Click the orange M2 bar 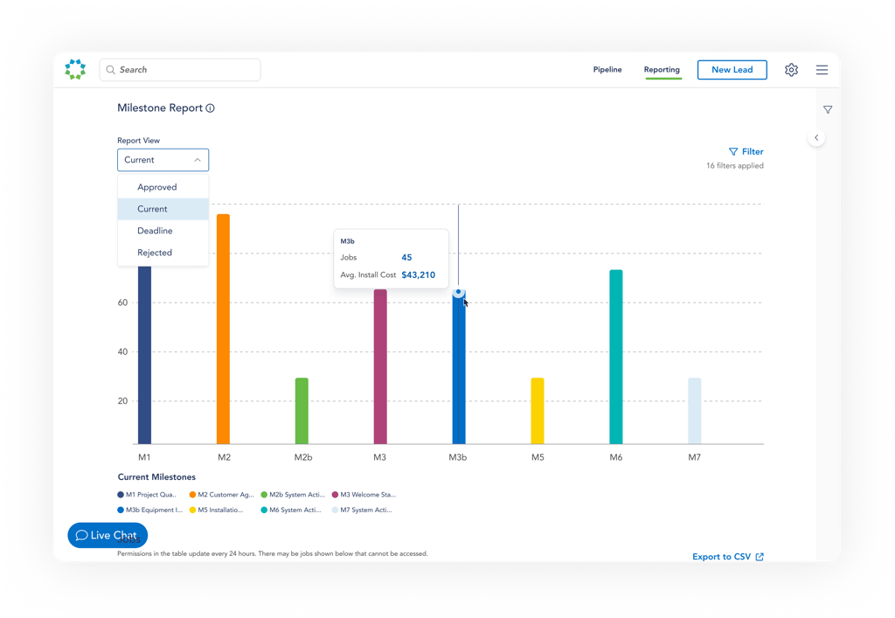coord(223,329)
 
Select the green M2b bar coord(302,411)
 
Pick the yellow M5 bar coord(538,411)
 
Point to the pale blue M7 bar coord(694,411)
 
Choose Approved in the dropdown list coord(157,187)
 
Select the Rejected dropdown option coord(155,253)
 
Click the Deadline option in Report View coord(155,231)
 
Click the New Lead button coord(732,70)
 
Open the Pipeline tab coord(607,70)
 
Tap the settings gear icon coord(791,70)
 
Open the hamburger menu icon coord(822,70)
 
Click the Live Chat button coord(108,535)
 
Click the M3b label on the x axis coord(458,457)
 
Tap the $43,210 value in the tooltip coord(418,274)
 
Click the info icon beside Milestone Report coord(211,108)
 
